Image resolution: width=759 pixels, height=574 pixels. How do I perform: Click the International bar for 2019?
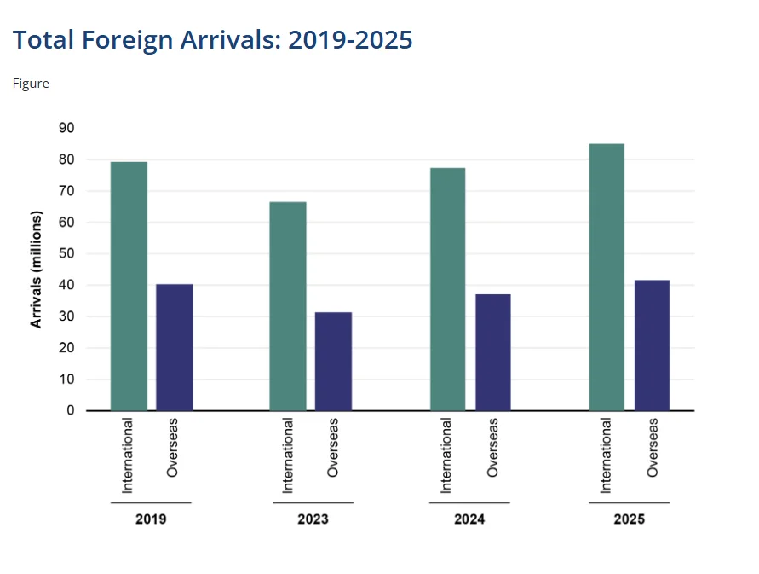pyautogui.click(x=129, y=286)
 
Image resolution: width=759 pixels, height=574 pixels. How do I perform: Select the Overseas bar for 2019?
pyautogui.click(x=174, y=347)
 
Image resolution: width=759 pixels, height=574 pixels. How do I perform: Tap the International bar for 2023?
pyautogui.click(x=288, y=306)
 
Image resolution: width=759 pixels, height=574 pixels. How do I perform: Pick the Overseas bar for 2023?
pyautogui.click(x=333, y=362)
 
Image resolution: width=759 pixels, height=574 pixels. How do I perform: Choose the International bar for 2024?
pyautogui.click(x=447, y=289)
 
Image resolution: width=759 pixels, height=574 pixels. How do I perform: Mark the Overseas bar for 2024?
pyautogui.click(x=493, y=352)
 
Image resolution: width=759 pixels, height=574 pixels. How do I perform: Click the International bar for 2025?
pyautogui.click(x=607, y=277)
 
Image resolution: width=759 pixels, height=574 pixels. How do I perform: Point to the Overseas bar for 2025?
pyautogui.click(x=653, y=345)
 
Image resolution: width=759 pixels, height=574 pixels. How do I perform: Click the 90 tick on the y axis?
pyautogui.click(x=66, y=128)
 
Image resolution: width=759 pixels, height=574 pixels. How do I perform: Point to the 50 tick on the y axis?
pyautogui.click(x=66, y=253)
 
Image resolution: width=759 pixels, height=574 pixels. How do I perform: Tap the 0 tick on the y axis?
pyautogui.click(x=71, y=410)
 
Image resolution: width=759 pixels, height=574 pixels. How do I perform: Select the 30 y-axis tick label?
pyautogui.click(x=66, y=316)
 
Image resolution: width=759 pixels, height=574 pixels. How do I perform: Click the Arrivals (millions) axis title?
pyautogui.click(x=36, y=270)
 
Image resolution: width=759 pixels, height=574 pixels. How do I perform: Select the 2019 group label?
pyautogui.click(x=151, y=519)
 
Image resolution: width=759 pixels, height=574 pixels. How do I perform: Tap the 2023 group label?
pyautogui.click(x=313, y=519)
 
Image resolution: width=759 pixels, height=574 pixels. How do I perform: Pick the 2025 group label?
pyautogui.click(x=630, y=519)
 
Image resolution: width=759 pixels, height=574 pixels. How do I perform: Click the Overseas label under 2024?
pyautogui.click(x=493, y=447)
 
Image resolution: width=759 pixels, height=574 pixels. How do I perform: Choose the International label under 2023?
pyautogui.click(x=288, y=455)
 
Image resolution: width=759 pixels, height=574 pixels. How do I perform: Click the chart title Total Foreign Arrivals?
pyautogui.click(x=213, y=40)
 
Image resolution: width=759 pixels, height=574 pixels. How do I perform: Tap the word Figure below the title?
pyautogui.click(x=31, y=84)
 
